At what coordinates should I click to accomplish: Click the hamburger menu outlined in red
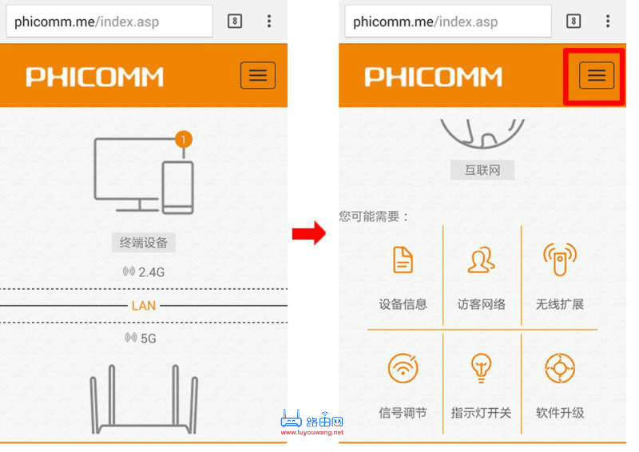tap(596, 75)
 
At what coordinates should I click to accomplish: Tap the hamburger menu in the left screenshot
tap(257, 75)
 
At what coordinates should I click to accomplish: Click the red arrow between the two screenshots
tap(308, 233)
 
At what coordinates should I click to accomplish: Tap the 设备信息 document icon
tap(403, 260)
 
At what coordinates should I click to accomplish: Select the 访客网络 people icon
tap(481, 260)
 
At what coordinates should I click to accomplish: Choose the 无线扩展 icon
tap(559, 260)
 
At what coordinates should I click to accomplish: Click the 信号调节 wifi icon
tap(403, 368)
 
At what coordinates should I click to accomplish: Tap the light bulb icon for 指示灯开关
tap(481, 368)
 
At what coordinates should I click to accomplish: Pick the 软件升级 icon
tap(559, 368)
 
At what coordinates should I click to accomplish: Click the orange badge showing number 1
tap(184, 140)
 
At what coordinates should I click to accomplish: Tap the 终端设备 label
tap(143, 243)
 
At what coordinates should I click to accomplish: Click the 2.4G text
tap(150, 272)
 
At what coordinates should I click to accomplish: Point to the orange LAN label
tap(144, 305)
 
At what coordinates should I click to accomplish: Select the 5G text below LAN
tap(148, 338)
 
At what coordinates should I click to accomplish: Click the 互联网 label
tap(482, 170)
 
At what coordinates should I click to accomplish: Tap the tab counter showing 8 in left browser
tap(234, 22)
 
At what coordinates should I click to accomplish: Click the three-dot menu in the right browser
tap(608, 22)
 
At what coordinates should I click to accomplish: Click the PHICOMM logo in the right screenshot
tap(433, 76)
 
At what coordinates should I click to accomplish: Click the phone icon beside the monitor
tap(177, 187)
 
